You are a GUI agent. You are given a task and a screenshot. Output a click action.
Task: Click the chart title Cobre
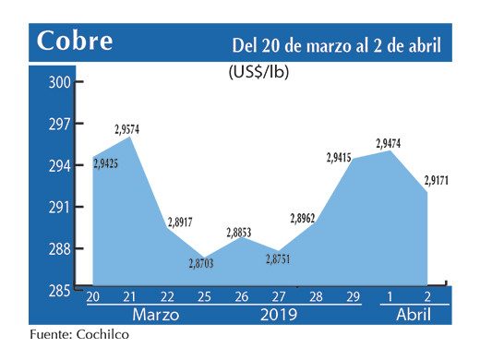pyautogui.click(x=75, y=42)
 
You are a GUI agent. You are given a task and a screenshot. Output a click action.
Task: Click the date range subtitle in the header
pyautogui.click(x=336, y=44)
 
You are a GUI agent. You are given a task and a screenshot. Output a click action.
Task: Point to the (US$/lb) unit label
pyautogui.click(x=258, y=72)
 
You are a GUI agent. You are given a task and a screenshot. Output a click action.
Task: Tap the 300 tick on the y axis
pyautogui.click(x=60, y=82)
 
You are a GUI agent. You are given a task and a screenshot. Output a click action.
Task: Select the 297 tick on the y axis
pyautogui.click(x=60, y=124)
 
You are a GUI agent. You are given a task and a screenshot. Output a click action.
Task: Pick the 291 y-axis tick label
pyautogui.click(x=60, y=207)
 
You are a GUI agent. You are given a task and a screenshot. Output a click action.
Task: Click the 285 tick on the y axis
pyautogui.click(x=60, y=290)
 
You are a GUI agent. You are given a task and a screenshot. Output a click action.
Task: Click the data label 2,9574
pyautogui.click(x=128, y=129)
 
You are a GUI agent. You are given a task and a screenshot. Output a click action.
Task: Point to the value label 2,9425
pyautogui.click(x=106, y=164)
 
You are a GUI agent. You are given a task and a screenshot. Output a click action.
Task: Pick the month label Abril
pyautogui.click(x=413, y=314)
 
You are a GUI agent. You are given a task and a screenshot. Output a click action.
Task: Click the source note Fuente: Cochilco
pyautogui.click(x=78, y=335)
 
